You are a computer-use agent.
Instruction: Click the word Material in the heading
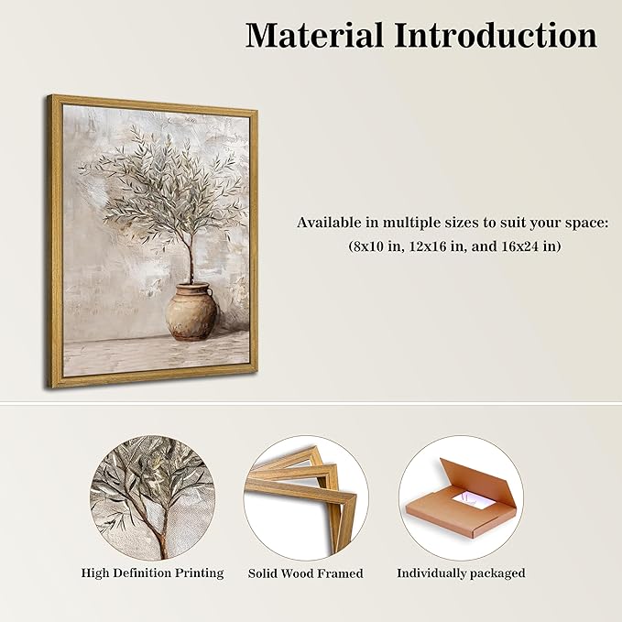pos(314,36)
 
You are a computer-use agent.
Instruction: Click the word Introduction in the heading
pos(496,36)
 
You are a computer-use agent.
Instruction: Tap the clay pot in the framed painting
pos(191,312)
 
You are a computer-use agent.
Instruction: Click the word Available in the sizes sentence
pos(327,223)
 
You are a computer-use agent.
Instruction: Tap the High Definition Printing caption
pos(152,573)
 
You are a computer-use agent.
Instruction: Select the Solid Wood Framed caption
pos(305,573)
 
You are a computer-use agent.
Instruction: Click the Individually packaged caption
pos(461,573)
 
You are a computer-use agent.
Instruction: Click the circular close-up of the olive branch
pos(152,497)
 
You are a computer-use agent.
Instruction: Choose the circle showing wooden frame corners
pos(305,497)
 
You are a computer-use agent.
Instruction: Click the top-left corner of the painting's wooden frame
pos(53,98)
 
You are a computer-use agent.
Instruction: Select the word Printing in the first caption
pos(199,573)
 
